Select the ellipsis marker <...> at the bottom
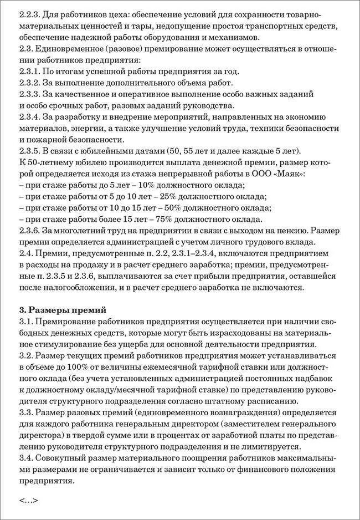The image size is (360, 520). click(28, 500)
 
